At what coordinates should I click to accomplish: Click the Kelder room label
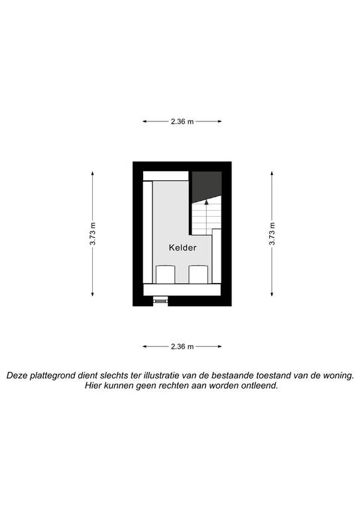[182, 248]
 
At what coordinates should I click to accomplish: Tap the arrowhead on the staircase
[206, 202]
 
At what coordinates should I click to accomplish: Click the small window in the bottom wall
[160, 301]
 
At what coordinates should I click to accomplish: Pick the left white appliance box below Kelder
[166, 274]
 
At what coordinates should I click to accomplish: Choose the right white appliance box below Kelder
[198, 274]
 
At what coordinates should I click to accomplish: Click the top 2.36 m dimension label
[182, 121]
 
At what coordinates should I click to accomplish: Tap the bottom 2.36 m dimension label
[182, 347]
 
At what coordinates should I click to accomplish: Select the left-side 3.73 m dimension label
[93, 234]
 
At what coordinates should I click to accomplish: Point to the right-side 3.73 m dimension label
[272, 234]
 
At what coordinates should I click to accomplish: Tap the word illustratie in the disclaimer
[161, 375]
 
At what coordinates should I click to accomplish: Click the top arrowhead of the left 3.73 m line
[93, 174]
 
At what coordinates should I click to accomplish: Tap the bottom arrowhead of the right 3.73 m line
[272, 294]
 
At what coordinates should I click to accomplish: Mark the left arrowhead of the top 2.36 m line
[145, 121]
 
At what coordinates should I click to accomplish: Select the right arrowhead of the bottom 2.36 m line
[219, 347]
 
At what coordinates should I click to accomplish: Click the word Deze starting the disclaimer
[17, 375]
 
